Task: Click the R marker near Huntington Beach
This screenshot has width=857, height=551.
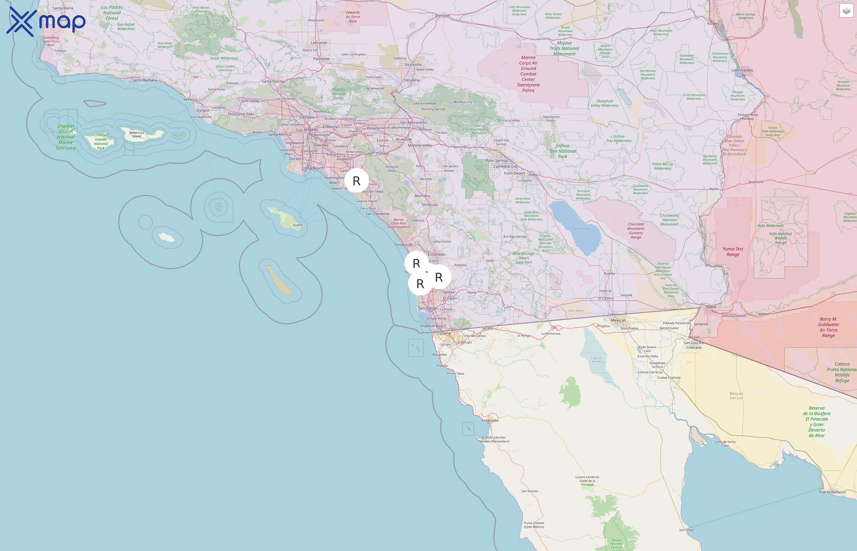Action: pos(356,181)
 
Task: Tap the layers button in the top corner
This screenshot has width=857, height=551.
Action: pos(846,11)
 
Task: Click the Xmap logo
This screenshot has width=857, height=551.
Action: pos(46,21)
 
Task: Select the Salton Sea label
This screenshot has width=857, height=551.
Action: pos(581,229)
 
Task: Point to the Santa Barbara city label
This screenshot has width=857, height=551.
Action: pos(144,80)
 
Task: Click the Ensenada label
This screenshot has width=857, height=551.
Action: pos(490,420)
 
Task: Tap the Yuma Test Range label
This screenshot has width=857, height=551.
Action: pos(733,252)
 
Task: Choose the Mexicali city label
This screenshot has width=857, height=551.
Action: pos(618,320)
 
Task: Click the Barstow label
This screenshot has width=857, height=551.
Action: pos(443,15)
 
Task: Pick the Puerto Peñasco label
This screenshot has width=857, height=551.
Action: pos(832,492)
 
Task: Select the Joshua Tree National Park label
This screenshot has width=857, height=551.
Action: pos(562,151)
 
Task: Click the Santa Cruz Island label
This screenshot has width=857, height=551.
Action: pos(137,134)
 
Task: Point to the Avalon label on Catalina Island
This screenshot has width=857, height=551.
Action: pos(298,225)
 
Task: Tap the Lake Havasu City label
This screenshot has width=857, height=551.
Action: pos(742,72)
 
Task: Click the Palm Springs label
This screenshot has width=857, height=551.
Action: pos(497,161)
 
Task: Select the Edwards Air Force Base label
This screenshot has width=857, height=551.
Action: pos(353,17)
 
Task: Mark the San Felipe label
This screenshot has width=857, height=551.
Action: pos(687,530)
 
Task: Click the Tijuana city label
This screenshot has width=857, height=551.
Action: pos(443,333)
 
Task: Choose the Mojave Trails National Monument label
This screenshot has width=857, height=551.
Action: pos(564,48)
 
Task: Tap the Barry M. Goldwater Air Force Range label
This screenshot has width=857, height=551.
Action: pos(829,327)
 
